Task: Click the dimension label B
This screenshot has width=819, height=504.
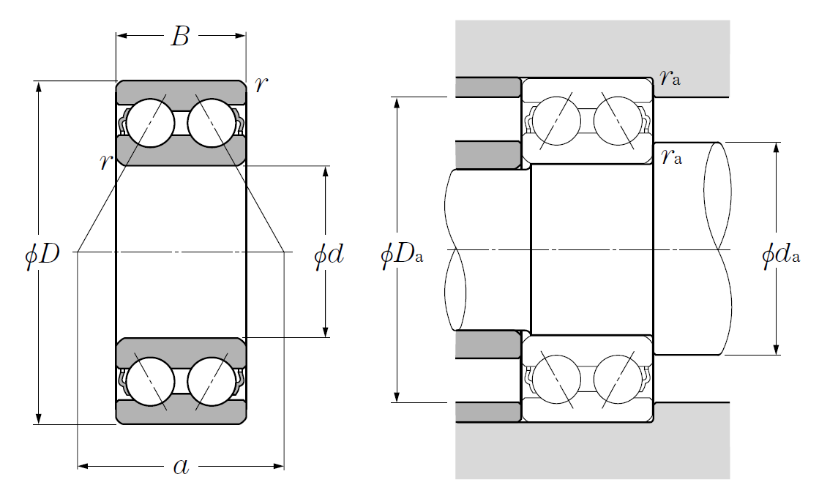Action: pos(180,36)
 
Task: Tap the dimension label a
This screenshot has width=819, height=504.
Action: pos(180,466)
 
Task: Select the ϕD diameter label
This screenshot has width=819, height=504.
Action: pos(42,255)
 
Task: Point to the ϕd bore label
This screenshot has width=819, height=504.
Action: pos(329,255)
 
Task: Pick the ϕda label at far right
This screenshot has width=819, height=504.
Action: pos(780,255)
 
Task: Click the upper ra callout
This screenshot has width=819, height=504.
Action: pos(670,77)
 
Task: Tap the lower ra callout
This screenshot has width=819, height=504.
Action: pos(670,156)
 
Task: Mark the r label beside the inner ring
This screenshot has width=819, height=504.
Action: pos(106,162)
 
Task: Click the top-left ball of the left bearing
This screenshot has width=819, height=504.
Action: pos(150,123)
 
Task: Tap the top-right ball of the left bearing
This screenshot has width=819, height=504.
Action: pos(212,123)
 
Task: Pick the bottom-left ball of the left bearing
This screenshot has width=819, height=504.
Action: pos(150,381)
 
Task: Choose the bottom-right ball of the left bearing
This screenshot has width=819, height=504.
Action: pos(212,381)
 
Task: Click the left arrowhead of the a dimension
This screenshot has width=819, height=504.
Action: pos(83,466)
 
